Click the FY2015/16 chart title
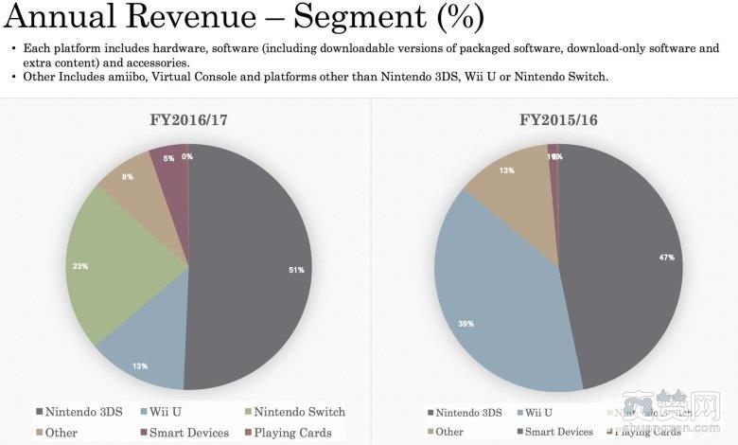(557, 120)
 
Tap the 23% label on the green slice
(80, 266)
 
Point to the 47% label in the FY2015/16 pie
(666, 258)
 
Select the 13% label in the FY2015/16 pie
(506, 170)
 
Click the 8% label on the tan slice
(128, 177)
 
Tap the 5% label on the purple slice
(168, 159)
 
